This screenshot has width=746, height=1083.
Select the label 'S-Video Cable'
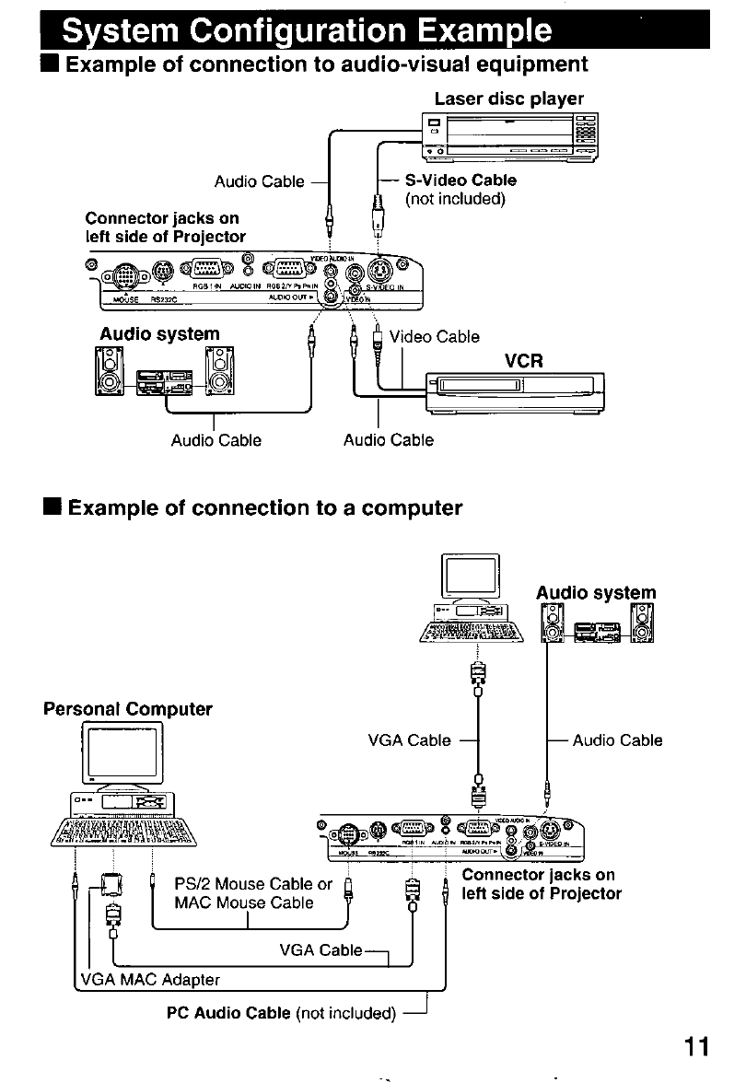[460, 180]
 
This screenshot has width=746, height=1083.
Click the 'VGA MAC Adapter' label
[150, 978]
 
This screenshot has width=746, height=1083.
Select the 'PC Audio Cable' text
[229, 1014]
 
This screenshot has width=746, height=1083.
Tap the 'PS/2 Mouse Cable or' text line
[253, 885]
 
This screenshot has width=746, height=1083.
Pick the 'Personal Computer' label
[128, 709]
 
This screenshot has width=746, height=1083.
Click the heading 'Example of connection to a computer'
[265, 508]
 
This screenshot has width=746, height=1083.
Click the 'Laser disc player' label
[509, 98]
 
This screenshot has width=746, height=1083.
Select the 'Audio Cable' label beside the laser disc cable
[259, 181]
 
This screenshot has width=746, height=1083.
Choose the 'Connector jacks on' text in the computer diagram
[538, 875]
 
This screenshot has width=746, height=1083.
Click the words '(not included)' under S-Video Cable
[455, 198]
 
